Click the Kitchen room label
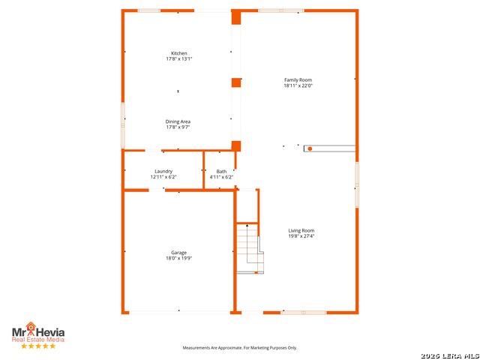tap(179, 53)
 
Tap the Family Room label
tap(298, 80)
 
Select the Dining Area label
tap(178, 121)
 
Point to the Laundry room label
tap(163, 171)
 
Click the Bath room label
tap(221, 172)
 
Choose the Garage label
tap(178, 253)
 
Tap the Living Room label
tap(301, 230)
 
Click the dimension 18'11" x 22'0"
tap(298, 85)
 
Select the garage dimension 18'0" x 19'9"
tap(178, 258)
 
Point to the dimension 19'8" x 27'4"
tap(301, 236)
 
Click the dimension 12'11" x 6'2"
tap(163, 177)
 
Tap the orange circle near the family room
tap(310, 148)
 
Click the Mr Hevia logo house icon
tap(31, 327)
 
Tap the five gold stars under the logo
tap(38, 346)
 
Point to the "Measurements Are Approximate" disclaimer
tap(240, 348)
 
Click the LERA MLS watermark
tap(450, 355)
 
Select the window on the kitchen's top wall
tap(148, 10)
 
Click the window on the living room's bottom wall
tap(304, 313)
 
